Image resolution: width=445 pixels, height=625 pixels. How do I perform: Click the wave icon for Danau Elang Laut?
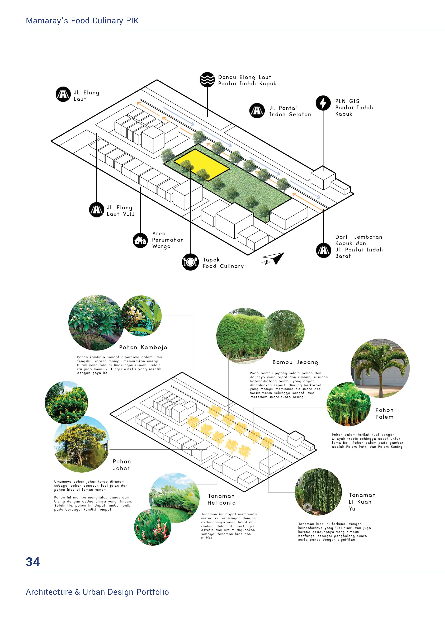pyautogui.click(x=207, y=80)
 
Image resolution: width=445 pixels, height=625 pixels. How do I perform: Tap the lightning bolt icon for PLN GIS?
pyautogui.click(x=323, y=103)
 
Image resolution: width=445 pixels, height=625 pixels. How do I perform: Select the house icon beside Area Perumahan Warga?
pyautogui.click(x=140, y=240)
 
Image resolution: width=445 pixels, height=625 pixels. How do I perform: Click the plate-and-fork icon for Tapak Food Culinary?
pyautogui.click(x=190, y=262)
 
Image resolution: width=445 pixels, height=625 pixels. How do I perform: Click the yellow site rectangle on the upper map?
pyautogui.click(x=201, y=164)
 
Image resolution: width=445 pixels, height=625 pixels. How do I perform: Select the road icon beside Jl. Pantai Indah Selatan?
pyautogui.click(x=257, y=111)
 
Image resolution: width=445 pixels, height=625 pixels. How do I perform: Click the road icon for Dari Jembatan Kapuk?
pyautogui.click(x=324, y=250)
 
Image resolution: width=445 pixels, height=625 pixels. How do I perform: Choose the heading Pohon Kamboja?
pyautogui.click(x=143, y=347)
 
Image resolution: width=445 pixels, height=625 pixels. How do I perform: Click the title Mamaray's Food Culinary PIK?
pyautogui.click(x=82, y=21)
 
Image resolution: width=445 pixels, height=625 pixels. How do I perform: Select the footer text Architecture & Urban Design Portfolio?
pyautogui.click(x=97, y=592)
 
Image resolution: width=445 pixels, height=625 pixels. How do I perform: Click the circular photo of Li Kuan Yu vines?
pyautogui.click(x=318, y=492)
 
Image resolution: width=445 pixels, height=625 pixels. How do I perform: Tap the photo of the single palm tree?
pyautogui.click(x=380, y=368)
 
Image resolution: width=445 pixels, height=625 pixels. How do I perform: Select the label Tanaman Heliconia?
pyautogui.click(x=221, y=499)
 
